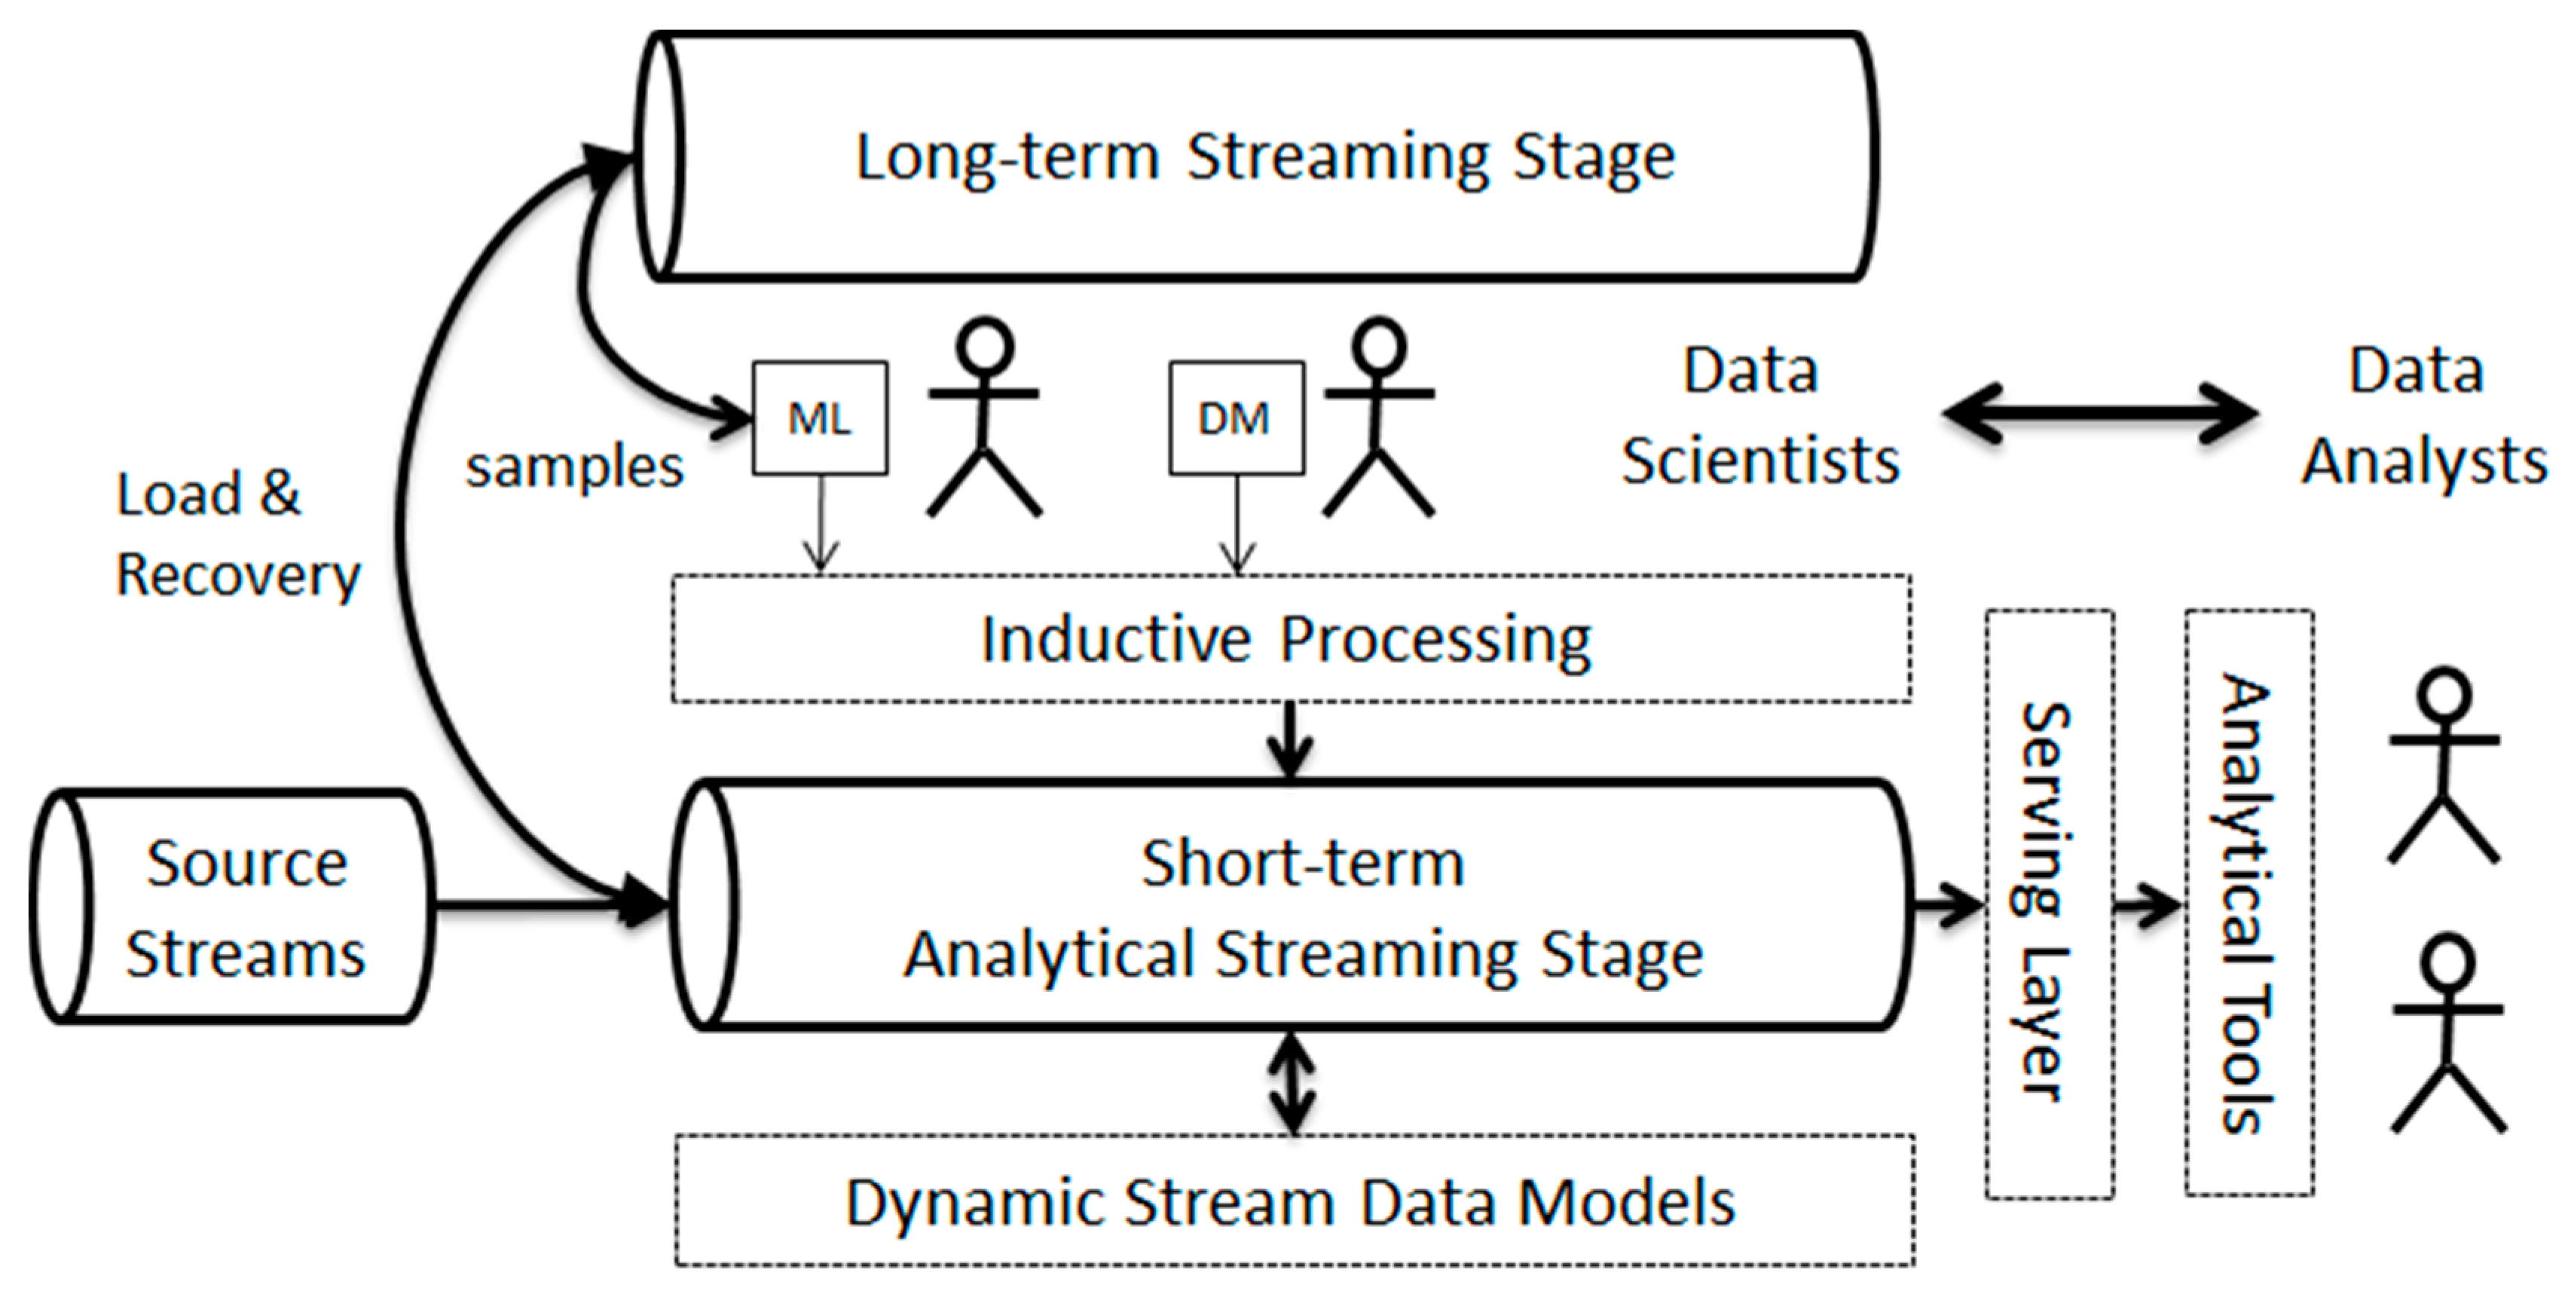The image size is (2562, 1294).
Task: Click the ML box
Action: (820, 418)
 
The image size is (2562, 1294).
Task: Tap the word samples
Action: (575, 466)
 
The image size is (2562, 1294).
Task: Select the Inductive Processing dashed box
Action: (1290, 638)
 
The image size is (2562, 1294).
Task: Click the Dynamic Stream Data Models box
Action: (1293, 1201)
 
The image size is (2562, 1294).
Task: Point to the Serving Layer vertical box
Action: (2049, 903)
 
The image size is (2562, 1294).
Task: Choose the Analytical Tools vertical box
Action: (2248, 903)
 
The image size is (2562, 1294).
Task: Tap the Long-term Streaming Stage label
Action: (1265, 158)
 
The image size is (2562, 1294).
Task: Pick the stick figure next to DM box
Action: (1378, 418)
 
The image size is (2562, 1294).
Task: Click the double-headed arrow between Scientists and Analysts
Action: (2099, 413)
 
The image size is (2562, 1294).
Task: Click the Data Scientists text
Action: (1759, 416)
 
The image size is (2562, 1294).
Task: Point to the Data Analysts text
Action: (2421, 416)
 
